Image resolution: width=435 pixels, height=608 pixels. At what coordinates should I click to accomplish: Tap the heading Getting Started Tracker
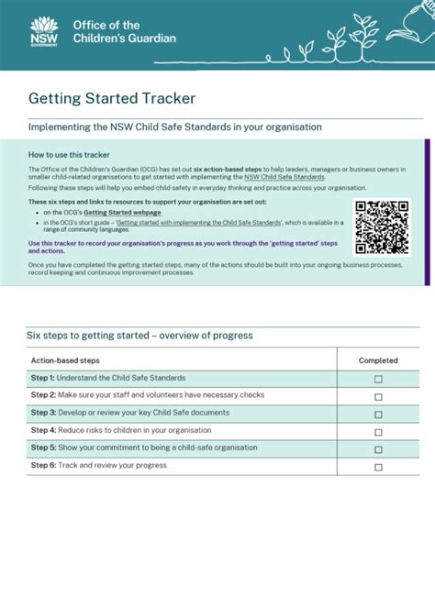pyautogui.click(x=111, y=97)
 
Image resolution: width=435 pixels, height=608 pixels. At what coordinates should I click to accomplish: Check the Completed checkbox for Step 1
pyautogui.click(x=378, y=379)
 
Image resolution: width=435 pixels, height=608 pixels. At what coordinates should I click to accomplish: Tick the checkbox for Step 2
pyautogui.click(x=378, y=396)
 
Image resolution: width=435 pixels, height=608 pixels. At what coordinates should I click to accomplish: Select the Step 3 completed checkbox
pyautogui.click(x=378, y=414)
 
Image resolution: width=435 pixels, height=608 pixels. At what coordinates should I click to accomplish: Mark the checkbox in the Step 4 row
pyautogui.click(x=378, y=431)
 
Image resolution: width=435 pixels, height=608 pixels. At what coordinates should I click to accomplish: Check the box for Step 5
pyautogui.click(x=378, y=449)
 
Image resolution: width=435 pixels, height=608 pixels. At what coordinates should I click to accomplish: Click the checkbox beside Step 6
pyautogui.click(x=378, y=467)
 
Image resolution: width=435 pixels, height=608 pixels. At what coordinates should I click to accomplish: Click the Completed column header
pyautogui.click(x=378, y=360)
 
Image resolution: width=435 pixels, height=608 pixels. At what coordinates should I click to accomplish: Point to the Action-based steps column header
pyautogui.click(x=65, y=360)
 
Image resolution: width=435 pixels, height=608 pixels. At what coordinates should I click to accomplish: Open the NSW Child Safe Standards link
pyautogui.click(x=284, y=177)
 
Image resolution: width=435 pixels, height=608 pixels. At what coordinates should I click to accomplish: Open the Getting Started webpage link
pyautogui.click(x=122, y=212)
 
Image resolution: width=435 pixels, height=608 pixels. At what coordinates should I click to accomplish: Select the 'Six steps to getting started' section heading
pyautogui.click(x=139, y=336)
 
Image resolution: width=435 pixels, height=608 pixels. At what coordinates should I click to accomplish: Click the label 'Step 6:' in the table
pyautogui.click(x=43, y=465)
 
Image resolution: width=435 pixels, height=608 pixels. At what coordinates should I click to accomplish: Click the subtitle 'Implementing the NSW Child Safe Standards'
pyautogui.click(x=174, y=127)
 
